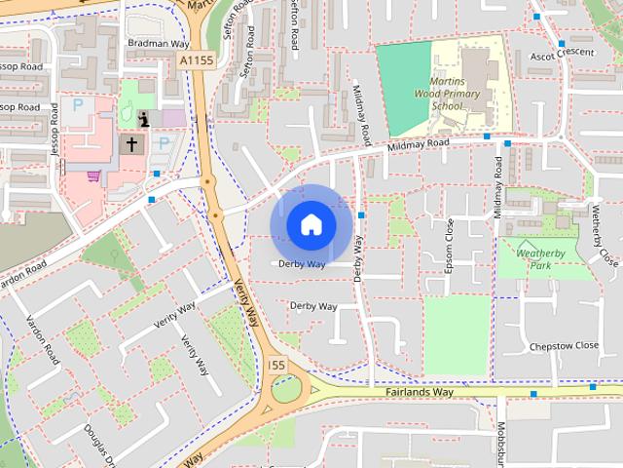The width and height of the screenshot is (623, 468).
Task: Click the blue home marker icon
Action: click(311, 224)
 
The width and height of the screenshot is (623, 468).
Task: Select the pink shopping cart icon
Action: click(93, 176)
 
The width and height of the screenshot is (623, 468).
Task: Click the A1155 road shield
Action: click(195, 60)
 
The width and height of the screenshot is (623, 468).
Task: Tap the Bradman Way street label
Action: click(159, 43)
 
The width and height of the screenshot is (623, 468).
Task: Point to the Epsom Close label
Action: click(449, 245)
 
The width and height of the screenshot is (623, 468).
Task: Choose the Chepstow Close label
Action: click(564, 345)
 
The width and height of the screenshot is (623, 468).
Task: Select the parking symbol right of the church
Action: click(164, 143)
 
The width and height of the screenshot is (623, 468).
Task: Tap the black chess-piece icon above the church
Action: click(144, 119)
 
